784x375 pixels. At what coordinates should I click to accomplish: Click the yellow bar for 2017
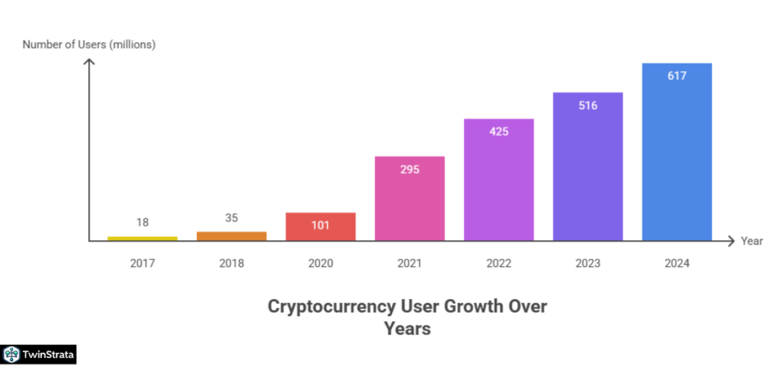coord(142,238)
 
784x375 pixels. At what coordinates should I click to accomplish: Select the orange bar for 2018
coord(231,236)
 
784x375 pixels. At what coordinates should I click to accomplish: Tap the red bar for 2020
coord(320,226)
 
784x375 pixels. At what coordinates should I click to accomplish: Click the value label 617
coord(677,76)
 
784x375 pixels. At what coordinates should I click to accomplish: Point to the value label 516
coord(588,105)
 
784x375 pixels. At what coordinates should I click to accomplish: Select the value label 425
coord(498,131)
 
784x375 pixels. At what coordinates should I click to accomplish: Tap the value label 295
coord(409,169)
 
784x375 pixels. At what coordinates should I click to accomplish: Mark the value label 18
coord(142,222)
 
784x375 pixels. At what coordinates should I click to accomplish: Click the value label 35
coord(231,217)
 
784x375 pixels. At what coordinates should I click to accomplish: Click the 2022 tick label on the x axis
coord(498,263)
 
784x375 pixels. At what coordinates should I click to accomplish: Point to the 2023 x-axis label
coord(588,263)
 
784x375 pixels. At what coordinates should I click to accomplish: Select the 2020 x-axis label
coord(320,263)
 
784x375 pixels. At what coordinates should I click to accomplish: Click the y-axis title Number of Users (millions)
coord(89,44)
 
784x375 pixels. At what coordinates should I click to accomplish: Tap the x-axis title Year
coord(751,241)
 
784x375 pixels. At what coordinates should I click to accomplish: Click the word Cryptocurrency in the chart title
coord(332,307)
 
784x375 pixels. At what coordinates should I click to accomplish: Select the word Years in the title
coord(407,329)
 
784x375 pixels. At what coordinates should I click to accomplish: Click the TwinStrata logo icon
coord(11,354)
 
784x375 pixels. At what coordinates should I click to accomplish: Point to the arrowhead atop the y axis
coord(89,61)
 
